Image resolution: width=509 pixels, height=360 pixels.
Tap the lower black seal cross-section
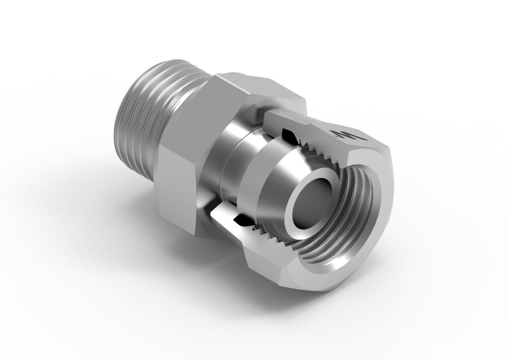click(242, 219)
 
